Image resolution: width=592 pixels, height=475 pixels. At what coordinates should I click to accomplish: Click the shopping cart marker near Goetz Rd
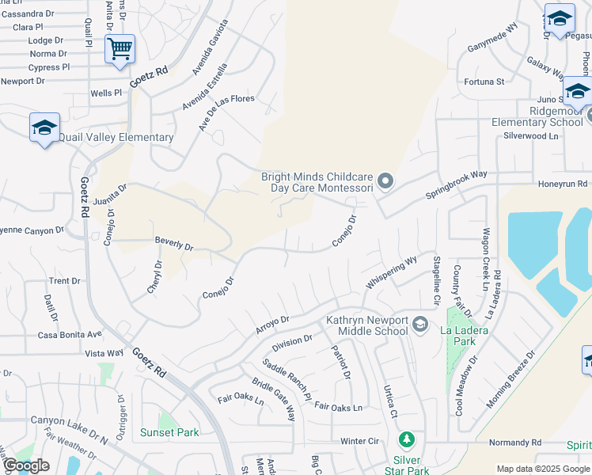tap(120, 49)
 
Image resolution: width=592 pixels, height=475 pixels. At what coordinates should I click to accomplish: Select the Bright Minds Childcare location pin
tap(385, 181)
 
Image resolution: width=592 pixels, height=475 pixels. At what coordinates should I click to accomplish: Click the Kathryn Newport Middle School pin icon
tap(420, 324)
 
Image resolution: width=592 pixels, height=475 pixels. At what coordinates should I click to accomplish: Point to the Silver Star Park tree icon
tap(407, 439)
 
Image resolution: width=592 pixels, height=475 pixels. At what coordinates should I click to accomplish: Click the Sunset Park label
tap(169, 432)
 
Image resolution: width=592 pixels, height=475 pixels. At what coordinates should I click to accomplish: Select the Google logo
tap(26, 466)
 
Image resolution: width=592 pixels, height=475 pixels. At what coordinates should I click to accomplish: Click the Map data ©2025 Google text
tap(543, 469)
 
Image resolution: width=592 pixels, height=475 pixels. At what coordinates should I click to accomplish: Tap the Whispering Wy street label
tap(391, 272)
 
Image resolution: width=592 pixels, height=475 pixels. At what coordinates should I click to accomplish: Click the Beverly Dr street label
tap(174, 245)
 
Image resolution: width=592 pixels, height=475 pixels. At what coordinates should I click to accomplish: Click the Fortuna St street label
tap(484, 82)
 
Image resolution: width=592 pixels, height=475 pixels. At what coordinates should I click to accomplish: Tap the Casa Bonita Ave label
tap(70, 335)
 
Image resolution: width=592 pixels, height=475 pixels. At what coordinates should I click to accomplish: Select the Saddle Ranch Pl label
tap(287, 382)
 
